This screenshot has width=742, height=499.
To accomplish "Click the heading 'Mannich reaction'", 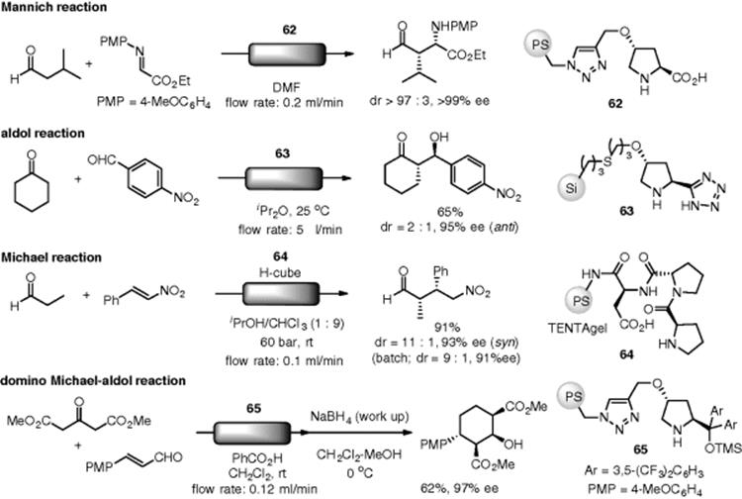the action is point(53,7).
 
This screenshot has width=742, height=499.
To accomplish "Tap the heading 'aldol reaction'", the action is point(43,134).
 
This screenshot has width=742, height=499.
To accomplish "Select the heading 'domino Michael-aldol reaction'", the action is point(93,381).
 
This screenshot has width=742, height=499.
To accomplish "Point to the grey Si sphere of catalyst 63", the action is point(572,187).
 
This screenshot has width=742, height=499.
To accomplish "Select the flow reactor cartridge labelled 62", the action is point(287,54).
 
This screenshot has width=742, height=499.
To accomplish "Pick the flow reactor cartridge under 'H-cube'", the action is point(281,293).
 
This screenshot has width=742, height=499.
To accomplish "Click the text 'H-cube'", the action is point(280,272).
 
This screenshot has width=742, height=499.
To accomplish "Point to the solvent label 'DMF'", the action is point(287,87).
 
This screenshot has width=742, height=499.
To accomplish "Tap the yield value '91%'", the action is point(447,327).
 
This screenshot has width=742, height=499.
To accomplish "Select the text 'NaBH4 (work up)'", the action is point(359,417).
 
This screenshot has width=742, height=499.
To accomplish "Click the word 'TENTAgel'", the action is point(578,328).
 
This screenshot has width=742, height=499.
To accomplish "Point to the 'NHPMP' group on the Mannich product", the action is point(455,27).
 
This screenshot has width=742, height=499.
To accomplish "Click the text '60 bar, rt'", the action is point(286,342).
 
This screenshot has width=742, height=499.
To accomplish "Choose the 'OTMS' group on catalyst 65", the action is point(723,448).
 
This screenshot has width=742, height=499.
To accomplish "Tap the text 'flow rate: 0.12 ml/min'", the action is point(254,488).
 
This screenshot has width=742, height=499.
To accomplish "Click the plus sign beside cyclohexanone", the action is point(77,179).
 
